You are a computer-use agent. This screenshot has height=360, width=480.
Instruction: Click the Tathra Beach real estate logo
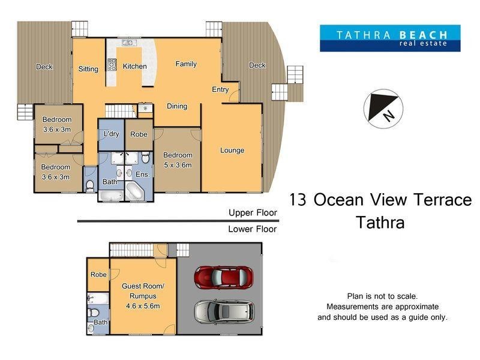coord(389,38)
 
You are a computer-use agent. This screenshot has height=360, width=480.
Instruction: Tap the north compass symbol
coord(383,109)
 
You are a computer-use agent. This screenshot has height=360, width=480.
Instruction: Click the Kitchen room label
coord(134,67)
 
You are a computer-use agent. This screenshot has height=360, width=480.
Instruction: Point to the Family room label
coord(186,64)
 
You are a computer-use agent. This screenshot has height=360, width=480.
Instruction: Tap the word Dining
coord(177,106)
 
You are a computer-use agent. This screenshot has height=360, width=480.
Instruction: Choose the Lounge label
coord(232,150)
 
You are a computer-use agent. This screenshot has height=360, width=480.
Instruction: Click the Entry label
coord(220,89)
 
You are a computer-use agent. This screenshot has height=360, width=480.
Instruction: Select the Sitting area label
coord(88,69)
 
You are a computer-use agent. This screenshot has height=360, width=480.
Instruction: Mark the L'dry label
coord(111,134)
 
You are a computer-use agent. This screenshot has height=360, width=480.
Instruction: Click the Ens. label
coord(142,174)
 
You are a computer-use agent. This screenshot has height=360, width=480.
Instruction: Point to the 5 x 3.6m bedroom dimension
coord(178,165)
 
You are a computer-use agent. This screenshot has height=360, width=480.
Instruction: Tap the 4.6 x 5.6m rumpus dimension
coord(143,305)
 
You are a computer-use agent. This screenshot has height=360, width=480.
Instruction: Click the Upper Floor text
coord(253,212)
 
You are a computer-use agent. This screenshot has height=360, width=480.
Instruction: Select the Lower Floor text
coord(253,229)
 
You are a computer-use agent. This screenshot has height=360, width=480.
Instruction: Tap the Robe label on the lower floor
coord(98,274)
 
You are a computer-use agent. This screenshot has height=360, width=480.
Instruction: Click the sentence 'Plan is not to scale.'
coord(382,296)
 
